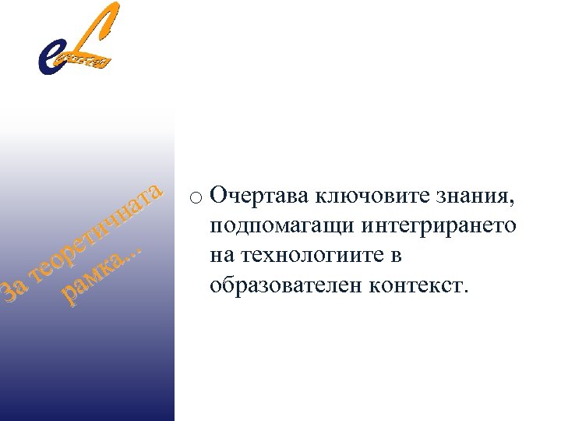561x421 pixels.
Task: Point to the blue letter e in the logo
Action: click(50, 58)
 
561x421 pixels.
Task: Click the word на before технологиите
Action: click(221, 255)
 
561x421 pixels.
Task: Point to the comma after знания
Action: click(512, 201)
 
